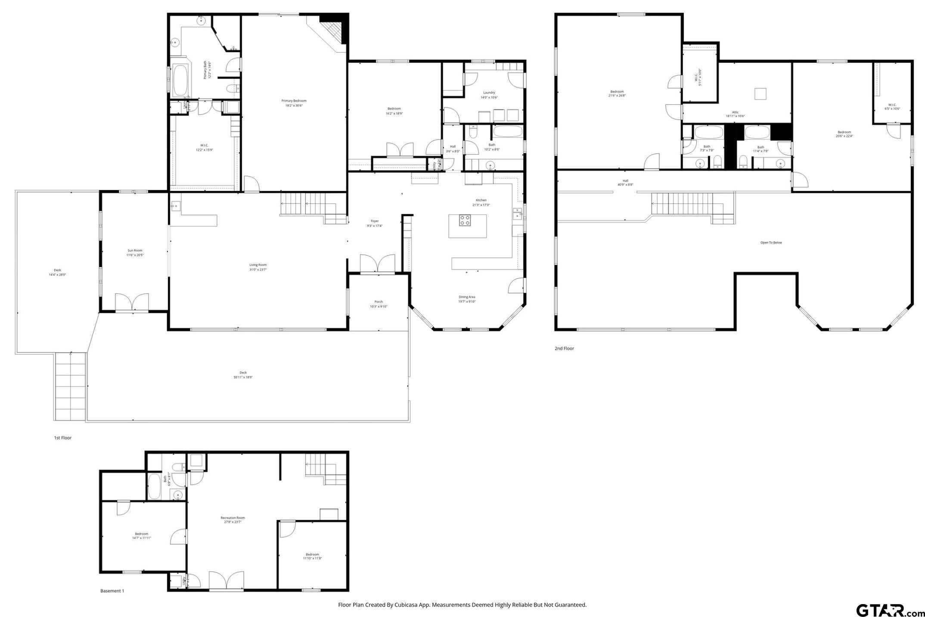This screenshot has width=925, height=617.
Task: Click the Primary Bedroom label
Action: pos(294,101)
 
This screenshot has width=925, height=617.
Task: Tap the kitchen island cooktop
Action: pos(464,220)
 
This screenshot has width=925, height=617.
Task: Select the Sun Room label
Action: pos(134,250)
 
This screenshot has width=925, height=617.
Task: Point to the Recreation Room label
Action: pos(233,517)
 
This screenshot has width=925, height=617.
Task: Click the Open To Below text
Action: pos(771,243)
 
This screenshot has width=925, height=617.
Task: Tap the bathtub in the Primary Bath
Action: pos(180,81)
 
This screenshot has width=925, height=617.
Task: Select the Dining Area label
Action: pos(467,297)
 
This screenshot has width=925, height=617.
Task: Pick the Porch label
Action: pos(379,302)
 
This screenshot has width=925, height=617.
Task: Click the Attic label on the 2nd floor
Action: pos(735,112)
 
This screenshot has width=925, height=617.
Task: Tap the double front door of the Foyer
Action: pos(377,264)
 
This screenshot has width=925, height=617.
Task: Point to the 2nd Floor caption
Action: pos(564,348)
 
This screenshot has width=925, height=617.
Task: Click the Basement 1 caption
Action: pos(112,591)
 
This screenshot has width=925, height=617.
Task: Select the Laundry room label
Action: pos(489,92)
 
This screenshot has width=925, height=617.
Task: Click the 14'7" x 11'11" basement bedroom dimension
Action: pos(141,538)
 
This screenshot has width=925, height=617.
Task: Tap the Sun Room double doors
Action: pos(132,302)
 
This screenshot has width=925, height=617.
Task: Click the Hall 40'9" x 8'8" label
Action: pos(625,183)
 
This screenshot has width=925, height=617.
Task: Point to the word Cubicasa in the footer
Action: pos(405,605)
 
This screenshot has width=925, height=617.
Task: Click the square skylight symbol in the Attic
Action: pos(760,93)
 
